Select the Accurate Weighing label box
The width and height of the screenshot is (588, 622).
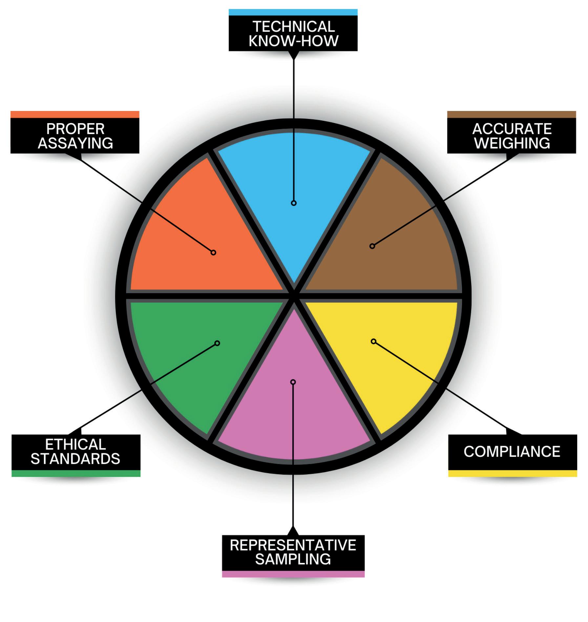click(x=512, y=136)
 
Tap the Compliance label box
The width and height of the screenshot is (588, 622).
click(x=513, y=452)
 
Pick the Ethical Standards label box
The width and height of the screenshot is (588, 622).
click(x=76, y=452)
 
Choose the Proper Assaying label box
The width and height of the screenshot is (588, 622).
click(x=75, y=136)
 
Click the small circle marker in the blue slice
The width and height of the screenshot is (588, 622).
click(x=294, y=203)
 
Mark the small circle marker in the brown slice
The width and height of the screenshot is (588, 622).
click(x=372, y=246)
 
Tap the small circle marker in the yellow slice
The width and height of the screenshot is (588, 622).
click(x=373, y=341)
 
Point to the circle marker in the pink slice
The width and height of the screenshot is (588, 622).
click(x=293, y=382)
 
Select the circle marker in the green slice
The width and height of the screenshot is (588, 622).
click(x=217, y=343)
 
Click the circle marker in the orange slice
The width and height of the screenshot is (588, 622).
click(x=213, y=252)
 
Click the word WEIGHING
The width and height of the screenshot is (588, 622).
click(x=512, y=143)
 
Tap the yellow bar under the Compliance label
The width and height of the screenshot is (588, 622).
click(x=513, y=473)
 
